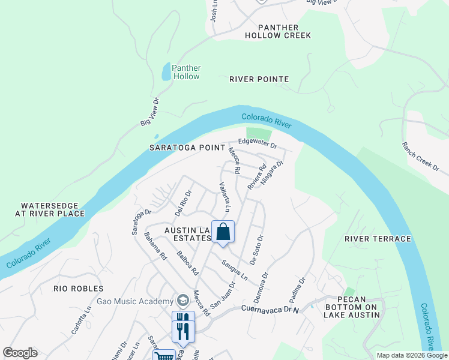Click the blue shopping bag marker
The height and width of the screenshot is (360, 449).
[223, 232]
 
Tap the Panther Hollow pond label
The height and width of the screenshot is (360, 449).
[186, 72]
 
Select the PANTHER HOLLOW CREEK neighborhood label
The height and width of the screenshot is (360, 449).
[277, 31]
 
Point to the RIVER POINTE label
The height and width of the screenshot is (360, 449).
[259, 79]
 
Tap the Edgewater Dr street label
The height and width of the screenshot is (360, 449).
[257, 143]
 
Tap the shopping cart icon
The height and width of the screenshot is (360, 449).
[164, 356]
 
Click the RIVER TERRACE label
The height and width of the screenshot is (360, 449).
[372, 239]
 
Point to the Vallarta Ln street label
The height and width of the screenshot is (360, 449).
[224, 197]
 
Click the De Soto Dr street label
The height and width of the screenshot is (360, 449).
[255, 252]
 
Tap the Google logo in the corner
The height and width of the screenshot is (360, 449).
[20, 352]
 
